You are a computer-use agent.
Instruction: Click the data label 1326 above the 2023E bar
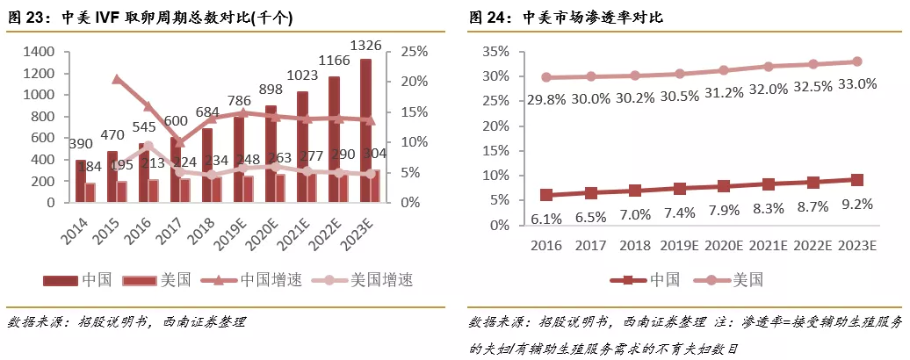click(x=365, y=45)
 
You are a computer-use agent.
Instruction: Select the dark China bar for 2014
click(x=81, y=181)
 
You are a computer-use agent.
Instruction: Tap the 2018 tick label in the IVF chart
click(x=202, y=229)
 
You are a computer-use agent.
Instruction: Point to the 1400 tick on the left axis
click(x=36, y=52)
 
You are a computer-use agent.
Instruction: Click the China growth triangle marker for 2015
click(x=118, y=80)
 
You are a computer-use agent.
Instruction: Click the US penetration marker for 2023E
click(x=857, y=61)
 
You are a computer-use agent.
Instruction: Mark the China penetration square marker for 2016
click(x=546, y=195)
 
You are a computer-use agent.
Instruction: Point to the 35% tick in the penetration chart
click(x=497, y=52)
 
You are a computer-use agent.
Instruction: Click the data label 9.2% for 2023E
click(x=857, y=204)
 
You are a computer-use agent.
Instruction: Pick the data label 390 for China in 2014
click(x=80, y=144)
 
